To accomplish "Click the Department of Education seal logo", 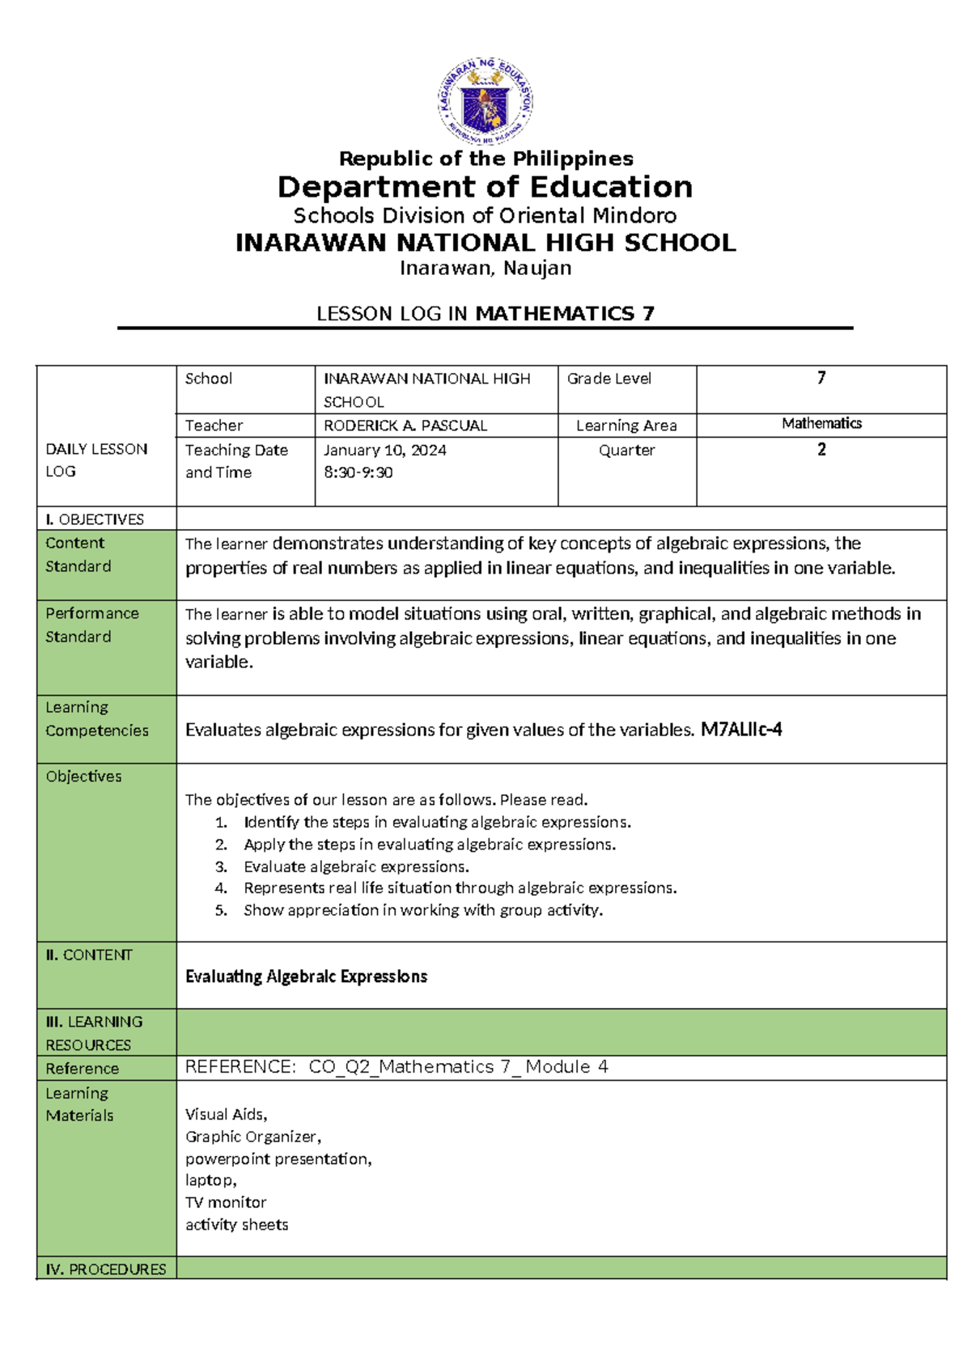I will pos(485,102).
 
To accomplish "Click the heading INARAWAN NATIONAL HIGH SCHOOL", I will pos(485,243).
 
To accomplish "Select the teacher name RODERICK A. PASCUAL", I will pos(405,426).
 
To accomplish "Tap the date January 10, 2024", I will pos(385,450).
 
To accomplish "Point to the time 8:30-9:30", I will pos(358,472).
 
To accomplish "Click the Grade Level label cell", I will pos(609,379).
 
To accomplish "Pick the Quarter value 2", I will pos(821,450).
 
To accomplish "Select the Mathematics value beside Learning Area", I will pos(821,423).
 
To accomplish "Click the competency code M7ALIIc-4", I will pos(741,730).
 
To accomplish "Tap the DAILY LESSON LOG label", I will pos(96,459).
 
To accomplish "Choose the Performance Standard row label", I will pos(91,625).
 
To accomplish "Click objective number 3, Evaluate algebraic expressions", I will pos(356,866).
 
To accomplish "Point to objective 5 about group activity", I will pos(422,910).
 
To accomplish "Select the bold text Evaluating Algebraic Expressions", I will pos(306,976).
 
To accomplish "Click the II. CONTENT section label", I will pos(88,955).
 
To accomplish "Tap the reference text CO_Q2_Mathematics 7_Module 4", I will pos(458,1067).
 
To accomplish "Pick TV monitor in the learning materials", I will pos(226,1202).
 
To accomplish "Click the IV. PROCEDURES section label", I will pos(105,1269).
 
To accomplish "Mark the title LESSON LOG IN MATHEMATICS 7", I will pos(485,314).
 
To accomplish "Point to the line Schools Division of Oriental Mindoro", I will pos(485,216).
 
